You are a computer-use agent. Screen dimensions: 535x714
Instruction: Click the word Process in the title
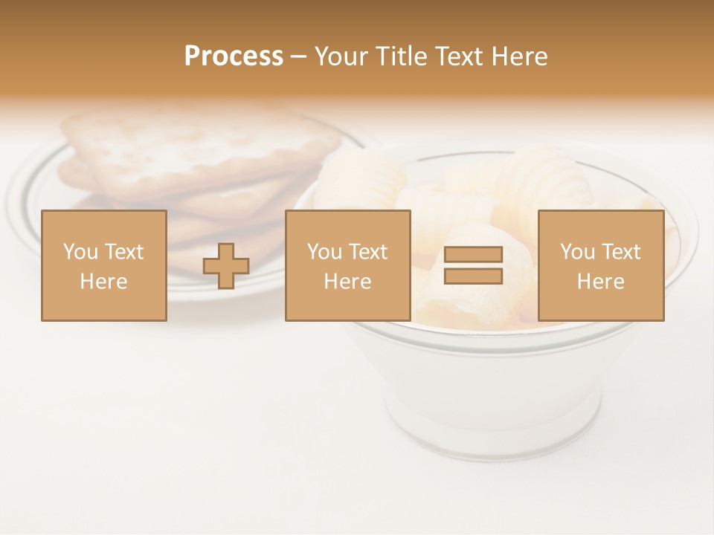[234, 56]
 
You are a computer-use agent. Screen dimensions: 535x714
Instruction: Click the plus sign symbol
[226, 265]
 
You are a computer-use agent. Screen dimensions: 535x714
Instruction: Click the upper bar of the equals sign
[473, 254]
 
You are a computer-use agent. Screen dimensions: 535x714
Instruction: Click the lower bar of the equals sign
[473, 276]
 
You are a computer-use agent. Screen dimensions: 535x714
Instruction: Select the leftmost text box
[103, 265]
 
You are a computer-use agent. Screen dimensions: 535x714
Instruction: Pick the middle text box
[347, 265]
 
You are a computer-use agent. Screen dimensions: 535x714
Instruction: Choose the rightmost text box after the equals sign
[600, 265]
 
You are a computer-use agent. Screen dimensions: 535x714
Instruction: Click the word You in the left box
[80, 252]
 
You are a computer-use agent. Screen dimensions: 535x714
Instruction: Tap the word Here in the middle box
[347, 282]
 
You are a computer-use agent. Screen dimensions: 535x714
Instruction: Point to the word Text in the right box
[621, 252]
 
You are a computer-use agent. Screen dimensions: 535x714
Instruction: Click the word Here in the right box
[600, 282]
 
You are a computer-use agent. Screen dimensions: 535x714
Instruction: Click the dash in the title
[298, 57]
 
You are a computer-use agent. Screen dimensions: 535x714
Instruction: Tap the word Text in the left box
[123, 252]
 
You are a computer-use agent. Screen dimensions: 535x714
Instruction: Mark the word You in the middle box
[324, 252]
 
